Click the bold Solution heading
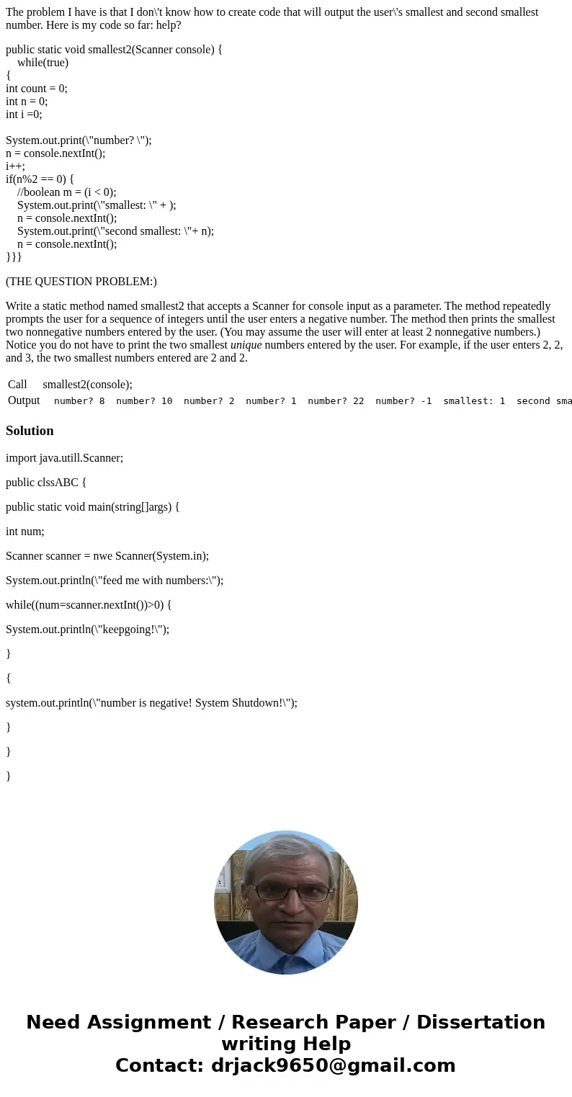point(30,431)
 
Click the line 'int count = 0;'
point(37,89)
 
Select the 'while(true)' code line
point(43,63)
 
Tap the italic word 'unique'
point(246,345)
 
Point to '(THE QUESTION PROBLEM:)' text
point(81,282)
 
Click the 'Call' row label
point(17,385)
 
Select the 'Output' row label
point(24,400)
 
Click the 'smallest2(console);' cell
point(87,385)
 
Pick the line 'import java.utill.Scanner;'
point(64,458)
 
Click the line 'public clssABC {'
point(46,483)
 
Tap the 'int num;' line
point(25,532)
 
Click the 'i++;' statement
point(15,166)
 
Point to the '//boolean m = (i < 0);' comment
point(66,192)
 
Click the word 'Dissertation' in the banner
point(481,1023)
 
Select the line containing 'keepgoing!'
point(87,630)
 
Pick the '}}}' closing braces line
point(14,257)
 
